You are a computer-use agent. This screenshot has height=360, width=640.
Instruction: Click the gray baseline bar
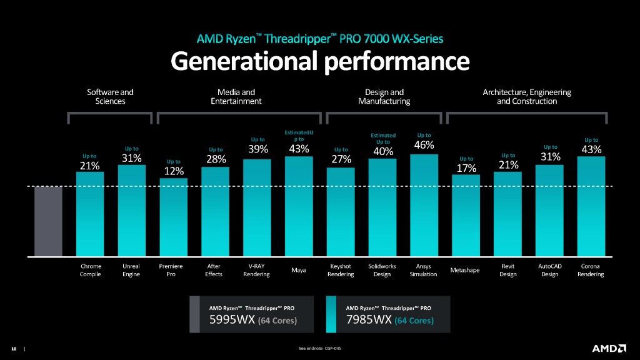(x=48, y=221)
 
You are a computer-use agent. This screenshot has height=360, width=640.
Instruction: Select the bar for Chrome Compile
(x=90, y=214)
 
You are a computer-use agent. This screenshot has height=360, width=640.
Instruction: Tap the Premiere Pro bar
(x=173, y=217)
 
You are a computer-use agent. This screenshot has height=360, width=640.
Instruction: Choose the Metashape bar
(x=466, y=215)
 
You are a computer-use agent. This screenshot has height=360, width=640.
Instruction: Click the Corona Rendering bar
(x=591, y=206)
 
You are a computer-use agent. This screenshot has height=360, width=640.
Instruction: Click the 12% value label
(x=173, y=171)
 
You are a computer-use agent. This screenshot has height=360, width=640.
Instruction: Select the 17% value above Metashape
(x=466, y=168)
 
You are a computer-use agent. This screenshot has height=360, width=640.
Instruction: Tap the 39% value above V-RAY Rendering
(x=257, y=149)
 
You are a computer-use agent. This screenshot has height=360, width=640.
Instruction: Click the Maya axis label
(x=299, y=270)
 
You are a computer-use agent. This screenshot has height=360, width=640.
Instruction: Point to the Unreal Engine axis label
(x=132, y=270)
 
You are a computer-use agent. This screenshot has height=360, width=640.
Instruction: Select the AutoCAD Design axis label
(x=549, y=270)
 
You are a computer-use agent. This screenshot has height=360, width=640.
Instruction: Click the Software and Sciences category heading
(x=110, y=96)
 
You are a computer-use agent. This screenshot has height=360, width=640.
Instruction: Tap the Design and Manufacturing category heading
(x=384, y=96)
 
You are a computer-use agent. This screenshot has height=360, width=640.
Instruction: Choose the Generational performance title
(x=319, y=61)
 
